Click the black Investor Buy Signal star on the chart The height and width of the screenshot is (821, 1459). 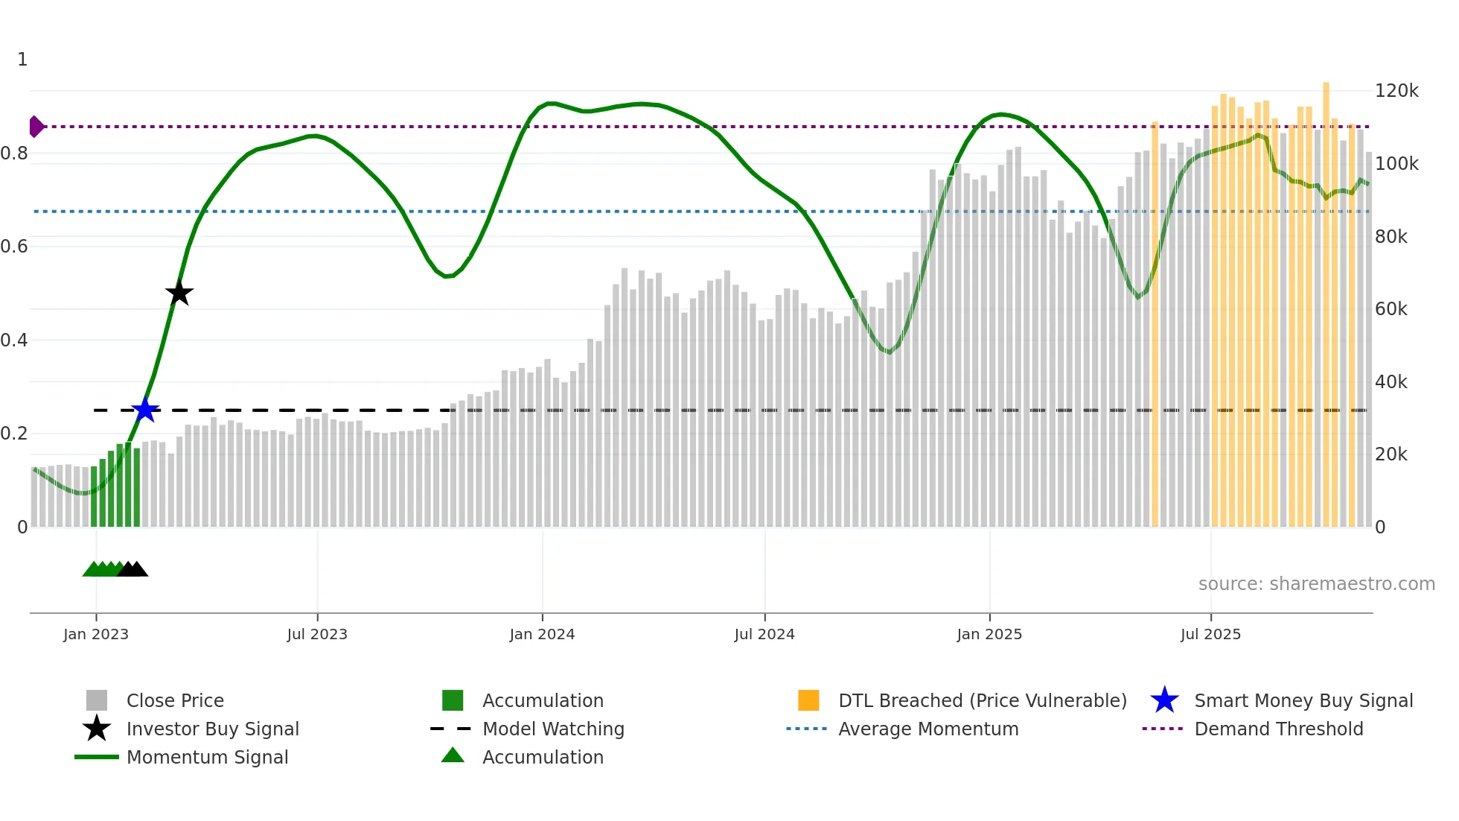click(x=179, y=293)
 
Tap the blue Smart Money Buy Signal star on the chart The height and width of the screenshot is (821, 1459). click(x=145, y=410)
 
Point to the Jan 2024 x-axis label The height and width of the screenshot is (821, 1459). click(x=542, y=634)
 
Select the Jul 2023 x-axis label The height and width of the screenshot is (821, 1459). click(x=317, y=634)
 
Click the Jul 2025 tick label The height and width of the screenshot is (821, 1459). click(x=1210, y=634)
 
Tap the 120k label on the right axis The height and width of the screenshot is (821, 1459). click(x=1396, y=91)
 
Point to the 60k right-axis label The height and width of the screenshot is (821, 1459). click(x=1391, y=309)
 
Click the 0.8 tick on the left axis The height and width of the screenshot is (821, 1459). click(x=14, y=153)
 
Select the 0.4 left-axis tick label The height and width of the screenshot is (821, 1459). click(x=14, y=340)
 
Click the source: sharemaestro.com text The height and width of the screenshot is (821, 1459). click(x=1316, y=583)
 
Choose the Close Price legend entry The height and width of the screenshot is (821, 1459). click(x=175, y=700)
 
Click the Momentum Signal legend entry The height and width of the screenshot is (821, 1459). click(x=207, y=757)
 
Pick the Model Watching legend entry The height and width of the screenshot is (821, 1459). click(x=553, y=729)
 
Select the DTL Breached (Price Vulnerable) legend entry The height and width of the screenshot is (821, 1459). click(x=982, y=700)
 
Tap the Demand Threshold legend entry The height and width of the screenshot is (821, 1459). click(x=1278, y=729)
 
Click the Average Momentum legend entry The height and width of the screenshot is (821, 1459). click(x=928, y=729)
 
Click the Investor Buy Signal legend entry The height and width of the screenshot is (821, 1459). click(x=212, y=729)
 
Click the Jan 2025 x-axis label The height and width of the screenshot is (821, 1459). click(x=989, y=634)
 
